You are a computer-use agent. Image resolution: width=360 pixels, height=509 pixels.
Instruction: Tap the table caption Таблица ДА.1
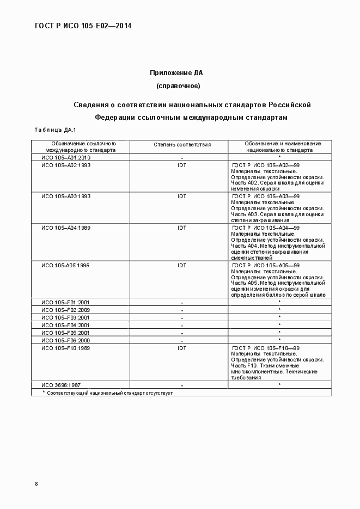tap(54, 130)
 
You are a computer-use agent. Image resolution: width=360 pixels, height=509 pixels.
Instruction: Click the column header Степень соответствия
tap(182, 145)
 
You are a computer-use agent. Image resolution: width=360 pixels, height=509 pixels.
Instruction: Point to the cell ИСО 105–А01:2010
tap(66, 157)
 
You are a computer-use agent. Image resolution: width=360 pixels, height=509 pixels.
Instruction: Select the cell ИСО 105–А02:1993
tap(66, 165)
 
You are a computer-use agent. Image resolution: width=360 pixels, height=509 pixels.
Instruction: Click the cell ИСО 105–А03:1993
tap(66, 196)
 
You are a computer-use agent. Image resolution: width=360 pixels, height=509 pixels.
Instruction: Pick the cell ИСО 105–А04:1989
tap(66, 228)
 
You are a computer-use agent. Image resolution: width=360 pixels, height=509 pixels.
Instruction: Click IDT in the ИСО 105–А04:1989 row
tap(182, 228)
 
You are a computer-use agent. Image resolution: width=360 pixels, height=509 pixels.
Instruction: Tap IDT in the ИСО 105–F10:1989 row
tap(182, 347)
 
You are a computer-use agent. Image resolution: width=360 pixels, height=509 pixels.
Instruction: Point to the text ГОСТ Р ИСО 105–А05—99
tap(266, 265)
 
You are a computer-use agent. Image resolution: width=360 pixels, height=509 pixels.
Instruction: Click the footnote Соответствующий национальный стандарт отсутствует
tap(109, 393)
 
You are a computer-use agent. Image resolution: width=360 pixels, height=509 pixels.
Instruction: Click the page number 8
tap(36, 483)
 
